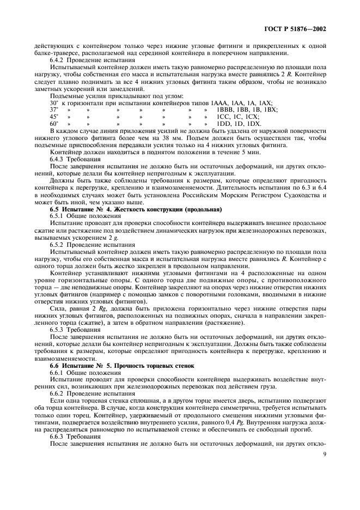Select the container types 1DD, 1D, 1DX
click(x=240, y=124)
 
